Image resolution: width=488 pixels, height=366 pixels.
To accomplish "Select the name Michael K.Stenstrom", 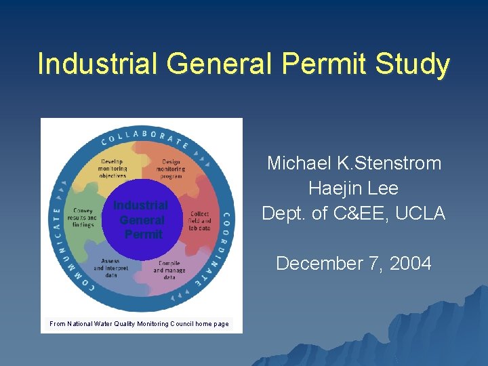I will click(354, 163).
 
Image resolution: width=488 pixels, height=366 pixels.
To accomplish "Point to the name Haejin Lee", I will click(354, 188).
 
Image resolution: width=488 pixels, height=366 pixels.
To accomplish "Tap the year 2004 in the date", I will click(408, 264).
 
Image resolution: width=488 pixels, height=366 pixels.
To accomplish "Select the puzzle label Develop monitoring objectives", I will click(113, 168).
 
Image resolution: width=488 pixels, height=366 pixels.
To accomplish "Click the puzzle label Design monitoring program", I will click(172, 168).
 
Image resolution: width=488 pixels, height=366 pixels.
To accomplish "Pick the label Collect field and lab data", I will click(200, 221).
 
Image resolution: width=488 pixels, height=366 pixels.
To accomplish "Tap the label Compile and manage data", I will click(169, 269).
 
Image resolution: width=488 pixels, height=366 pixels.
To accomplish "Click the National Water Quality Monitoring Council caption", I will click(139, 324).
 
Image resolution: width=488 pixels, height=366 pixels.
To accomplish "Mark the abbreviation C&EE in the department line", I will click(359, 213).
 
